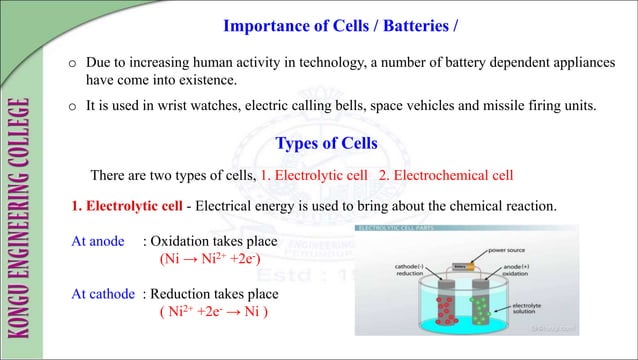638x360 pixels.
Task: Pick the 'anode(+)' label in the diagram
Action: pos(539,268)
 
